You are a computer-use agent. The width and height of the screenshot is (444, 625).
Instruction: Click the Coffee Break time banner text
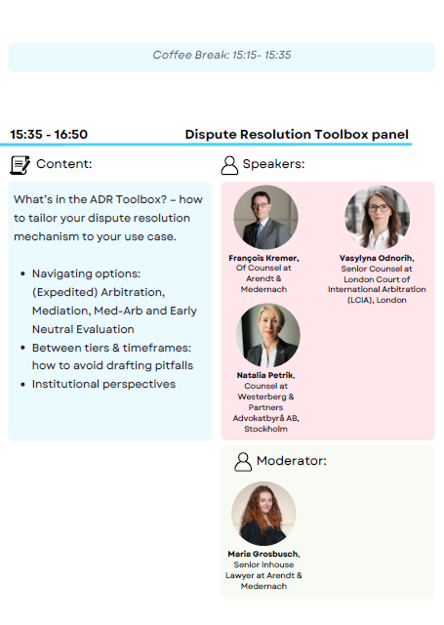(222, 55)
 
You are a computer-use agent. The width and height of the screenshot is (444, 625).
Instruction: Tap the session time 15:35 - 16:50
(49, 135)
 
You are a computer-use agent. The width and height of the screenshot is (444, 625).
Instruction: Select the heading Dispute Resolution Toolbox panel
(297, 135)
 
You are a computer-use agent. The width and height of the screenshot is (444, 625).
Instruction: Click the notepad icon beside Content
(20, 165)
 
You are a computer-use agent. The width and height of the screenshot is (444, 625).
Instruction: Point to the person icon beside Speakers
(229, 165)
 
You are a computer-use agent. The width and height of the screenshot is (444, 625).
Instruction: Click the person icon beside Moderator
(243, 462)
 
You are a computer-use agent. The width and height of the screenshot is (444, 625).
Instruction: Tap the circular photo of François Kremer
(265, 217)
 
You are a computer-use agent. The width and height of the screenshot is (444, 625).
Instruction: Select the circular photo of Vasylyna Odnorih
(377, 217)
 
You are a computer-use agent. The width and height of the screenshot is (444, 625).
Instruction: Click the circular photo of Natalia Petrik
(267, 335)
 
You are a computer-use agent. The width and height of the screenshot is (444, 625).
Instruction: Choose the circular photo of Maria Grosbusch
(263, 514)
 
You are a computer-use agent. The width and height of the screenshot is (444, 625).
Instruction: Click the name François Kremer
(263, 258)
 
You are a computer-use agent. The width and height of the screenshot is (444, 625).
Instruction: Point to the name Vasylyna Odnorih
(377, 258)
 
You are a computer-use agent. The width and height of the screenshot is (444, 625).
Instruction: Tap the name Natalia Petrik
(265, 375)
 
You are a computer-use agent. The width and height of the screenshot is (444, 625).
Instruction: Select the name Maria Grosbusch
(263, 554)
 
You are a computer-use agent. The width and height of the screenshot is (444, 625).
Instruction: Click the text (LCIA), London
(377, 300)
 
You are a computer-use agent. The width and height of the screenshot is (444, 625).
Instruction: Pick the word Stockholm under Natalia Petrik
(265, 429)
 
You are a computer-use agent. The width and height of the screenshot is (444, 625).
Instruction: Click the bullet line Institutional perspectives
(103, 384)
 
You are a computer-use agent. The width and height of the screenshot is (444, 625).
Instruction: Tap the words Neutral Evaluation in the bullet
(83, 329)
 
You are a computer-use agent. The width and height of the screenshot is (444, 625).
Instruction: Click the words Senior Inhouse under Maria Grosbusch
(263, 564)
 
